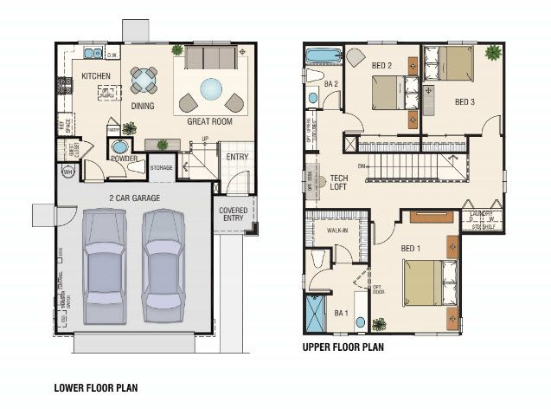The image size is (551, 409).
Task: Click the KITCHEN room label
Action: pyautogui.click(x=96, y=76)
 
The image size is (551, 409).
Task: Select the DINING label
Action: pyautogui.click(x=143, y=107)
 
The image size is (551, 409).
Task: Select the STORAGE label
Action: pyautogui.click(x=161, y=167)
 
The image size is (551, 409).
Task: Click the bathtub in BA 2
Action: pyautogui.click(x=324, y=57)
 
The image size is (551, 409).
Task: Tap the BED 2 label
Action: pyautogui.click(x=382, y=65)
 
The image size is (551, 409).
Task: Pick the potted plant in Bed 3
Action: pyautogui.click(x=494, y=53)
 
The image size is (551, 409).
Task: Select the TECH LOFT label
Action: pyautogui.click(x=339, y=183)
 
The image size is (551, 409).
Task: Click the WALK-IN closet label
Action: pyautogui.click(x=338, y=231)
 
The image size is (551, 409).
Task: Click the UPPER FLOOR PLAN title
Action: pyautogui.click(x=343, y=348)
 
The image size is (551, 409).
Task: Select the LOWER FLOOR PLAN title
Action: pyautogui.click(x=95, y=387)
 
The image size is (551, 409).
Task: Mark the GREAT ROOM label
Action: pyautogui.click(x=210, y=122)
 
